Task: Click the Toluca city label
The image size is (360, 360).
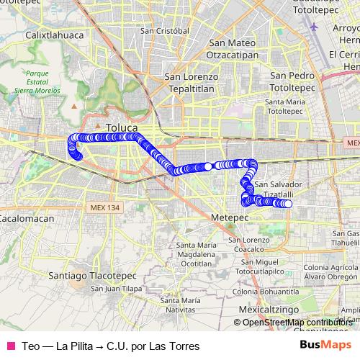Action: (121, 127)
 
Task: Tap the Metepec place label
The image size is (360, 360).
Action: (230, 216)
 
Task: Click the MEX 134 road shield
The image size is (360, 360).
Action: (106, 207)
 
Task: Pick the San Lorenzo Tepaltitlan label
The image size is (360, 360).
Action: (191, 82)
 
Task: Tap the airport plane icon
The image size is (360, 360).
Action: (315, 27)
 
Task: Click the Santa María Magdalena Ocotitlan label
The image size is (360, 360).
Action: (195, 254)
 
